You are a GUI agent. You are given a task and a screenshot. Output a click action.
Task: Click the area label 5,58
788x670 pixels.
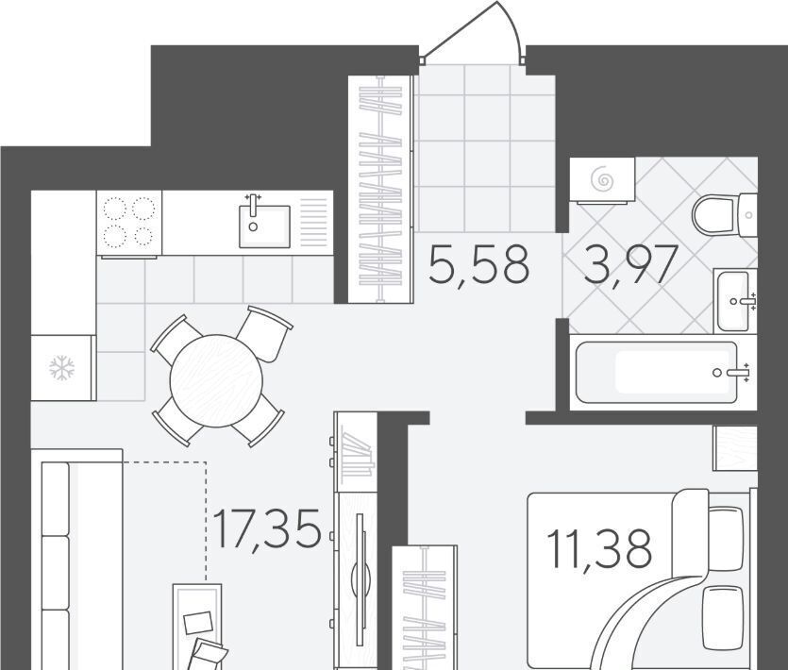coord(478,264)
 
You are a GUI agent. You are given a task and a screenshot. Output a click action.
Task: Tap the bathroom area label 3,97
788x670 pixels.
coord(630,264)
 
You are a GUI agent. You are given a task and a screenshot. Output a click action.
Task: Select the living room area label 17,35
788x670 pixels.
coord(267,528)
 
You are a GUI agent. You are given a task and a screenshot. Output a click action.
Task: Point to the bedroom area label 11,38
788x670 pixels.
coord(599,549)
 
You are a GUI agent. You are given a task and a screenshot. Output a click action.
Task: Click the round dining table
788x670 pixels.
coord(216,380)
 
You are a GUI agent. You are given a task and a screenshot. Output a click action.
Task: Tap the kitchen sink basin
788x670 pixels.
coord(264,226)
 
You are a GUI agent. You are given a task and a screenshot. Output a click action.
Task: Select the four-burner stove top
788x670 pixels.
coord(129,223)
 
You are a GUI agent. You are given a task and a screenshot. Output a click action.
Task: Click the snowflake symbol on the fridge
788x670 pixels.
coord(62,368)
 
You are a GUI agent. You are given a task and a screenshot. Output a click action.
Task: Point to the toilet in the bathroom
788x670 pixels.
coord(724,215)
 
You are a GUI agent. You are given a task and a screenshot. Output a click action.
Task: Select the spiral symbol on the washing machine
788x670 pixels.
coord(602,179)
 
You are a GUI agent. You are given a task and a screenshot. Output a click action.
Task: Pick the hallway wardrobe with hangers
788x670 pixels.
coord(380,189)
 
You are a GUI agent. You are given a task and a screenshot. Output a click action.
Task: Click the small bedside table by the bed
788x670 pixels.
coord(735,448)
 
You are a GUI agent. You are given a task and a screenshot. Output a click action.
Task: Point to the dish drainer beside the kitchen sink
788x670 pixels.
coord(313,222)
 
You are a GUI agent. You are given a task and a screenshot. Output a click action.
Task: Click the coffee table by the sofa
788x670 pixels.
coord(197,627)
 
